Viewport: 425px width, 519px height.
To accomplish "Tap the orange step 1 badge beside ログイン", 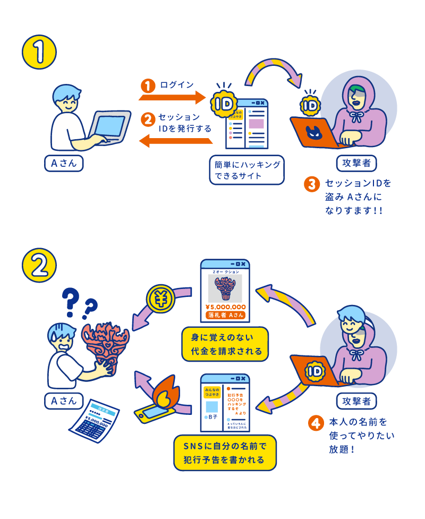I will point(148,85).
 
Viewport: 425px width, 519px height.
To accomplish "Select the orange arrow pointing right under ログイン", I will point(173,97).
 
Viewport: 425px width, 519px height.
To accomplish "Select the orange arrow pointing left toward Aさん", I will point(175,141).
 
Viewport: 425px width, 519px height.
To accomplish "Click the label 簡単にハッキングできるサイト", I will point(246,169).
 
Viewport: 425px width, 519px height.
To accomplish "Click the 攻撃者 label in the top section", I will point(356,161).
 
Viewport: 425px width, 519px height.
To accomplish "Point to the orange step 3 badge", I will point(311,184).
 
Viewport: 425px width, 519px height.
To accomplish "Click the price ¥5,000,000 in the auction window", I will point(225,307).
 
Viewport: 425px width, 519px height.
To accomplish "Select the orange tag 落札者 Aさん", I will point(225,316).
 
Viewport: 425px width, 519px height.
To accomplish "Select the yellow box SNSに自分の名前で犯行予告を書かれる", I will point(225,453).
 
